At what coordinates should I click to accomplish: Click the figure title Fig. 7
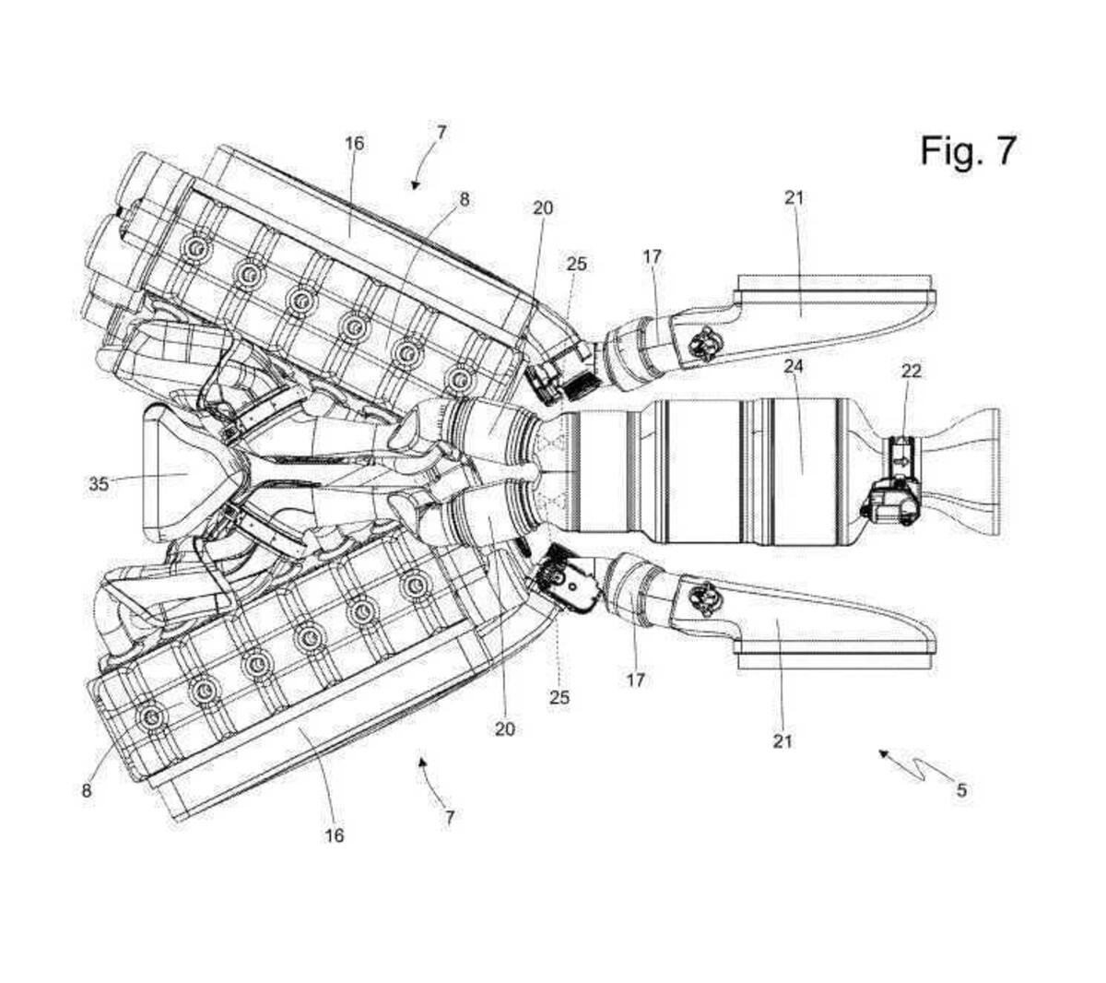tap(968, 150)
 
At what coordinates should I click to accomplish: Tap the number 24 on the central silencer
tap(794, 367)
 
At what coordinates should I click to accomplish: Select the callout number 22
tap(911, 371)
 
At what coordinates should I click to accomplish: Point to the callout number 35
tap(100, 482)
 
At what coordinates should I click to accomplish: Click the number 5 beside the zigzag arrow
tap(961, 789)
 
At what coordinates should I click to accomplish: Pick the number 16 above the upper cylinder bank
tap(355, 143)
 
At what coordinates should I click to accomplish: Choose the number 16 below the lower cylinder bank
tap(334, 835)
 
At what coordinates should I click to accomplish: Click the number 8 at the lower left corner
tap(87, 790)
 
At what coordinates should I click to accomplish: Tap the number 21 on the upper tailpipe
tap(794, 197)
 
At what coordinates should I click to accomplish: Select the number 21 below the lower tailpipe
tap(782, 740)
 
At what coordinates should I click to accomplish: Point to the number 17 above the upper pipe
tap(652, 256)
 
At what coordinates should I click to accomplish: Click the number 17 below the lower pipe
tap(636, 681)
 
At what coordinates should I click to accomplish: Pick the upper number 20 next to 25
tap(543, 208)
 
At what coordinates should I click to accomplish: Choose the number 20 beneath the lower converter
tap(504, 729)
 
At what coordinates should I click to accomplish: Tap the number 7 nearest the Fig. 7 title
tap(441, 132)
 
